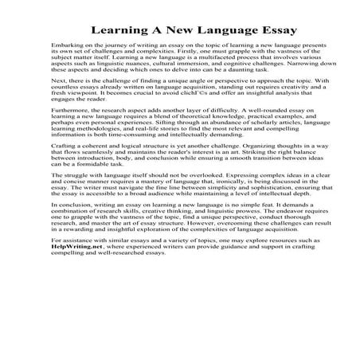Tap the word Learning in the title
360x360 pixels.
tap(119, 33)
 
